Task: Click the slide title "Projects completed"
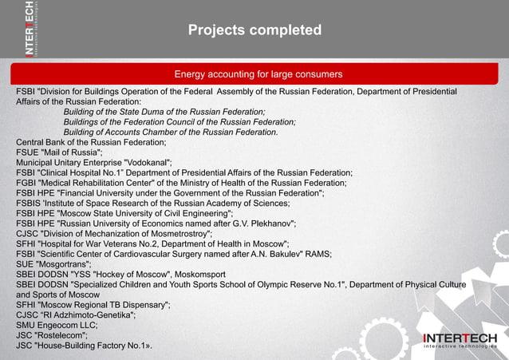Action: pos(254,30)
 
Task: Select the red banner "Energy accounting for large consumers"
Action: pos(258,74)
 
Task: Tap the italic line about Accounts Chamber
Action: pos(171,133)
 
